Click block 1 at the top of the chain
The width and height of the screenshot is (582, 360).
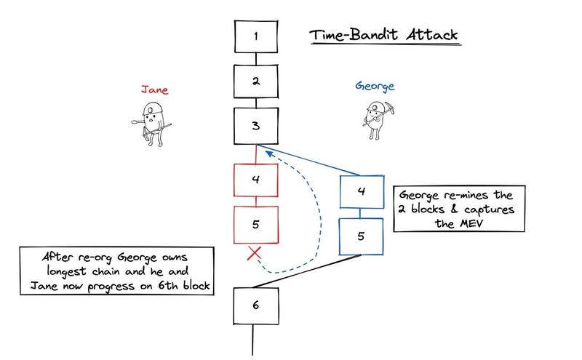pyautogui.click(x=255, y=35)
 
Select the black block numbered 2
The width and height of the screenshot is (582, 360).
pyautogui.click(x=255, y=80)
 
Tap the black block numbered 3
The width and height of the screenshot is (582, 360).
pyautogui.click(x=255, y=125)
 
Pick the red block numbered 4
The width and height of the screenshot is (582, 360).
pyautogui.click(x=255, y=179)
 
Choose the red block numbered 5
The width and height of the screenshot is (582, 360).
pyautogui.click(x=255, y=224)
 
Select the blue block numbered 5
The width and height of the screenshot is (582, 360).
pyautogui.click(x=362, y=236)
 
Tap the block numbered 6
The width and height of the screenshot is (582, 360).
pyautogui.click(x=255, y=305)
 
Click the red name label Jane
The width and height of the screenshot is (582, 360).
pyautogui.click(x=155, y=90)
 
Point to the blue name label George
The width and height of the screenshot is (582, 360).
pyautogui.click(x=375, y=86)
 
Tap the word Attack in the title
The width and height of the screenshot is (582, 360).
pyautogui.click(x=434, y=35)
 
